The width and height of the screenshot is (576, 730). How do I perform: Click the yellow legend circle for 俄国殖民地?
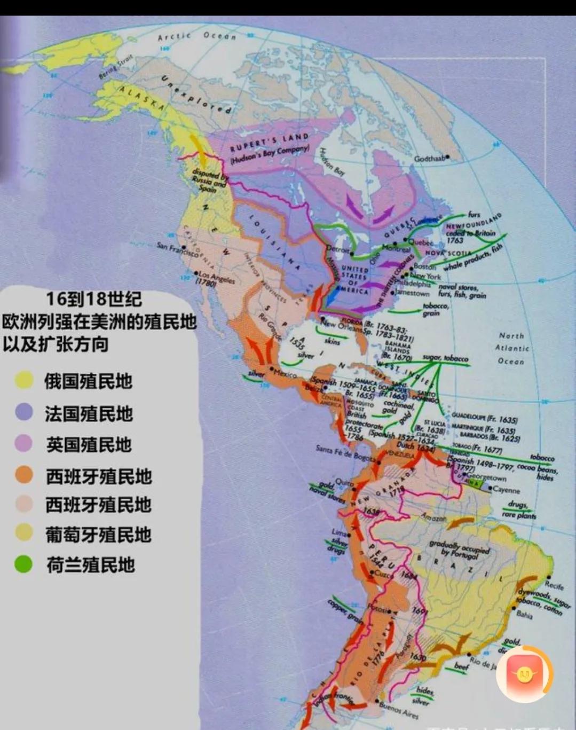coord(24,380)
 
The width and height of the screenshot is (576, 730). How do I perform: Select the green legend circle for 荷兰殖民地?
coord(23,564)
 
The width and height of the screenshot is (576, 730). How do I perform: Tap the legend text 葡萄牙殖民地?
coord(98,535)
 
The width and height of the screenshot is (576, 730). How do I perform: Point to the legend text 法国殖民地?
coord(89,413)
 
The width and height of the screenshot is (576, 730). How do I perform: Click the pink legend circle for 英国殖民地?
coord(24,443)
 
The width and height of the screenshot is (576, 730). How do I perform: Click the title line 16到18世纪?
coord(93,299)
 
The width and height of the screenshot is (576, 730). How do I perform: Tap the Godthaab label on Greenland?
coord(430,159)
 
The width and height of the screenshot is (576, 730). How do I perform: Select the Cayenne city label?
coord(506,489)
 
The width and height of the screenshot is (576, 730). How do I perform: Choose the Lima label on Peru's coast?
coord(339,532)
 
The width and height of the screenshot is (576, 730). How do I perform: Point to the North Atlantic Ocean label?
coord(511,348)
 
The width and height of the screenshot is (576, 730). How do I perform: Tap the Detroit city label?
coord(337,249)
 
